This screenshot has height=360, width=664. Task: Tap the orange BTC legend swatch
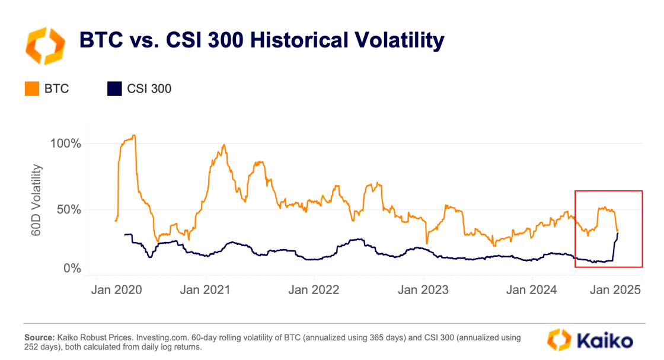tap(31, 89)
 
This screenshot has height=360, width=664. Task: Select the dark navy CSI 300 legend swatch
tap(114, 89)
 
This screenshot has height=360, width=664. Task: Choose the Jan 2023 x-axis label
tap(423, 290)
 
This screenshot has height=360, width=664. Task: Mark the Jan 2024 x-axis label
tap(531, 290)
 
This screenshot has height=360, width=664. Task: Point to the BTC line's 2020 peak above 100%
tap(134, 136)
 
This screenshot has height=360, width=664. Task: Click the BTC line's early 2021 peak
tap(224, 145)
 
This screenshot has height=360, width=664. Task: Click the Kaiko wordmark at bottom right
tap(602, 340)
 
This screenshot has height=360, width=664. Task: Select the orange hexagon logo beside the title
tap(43, 45)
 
